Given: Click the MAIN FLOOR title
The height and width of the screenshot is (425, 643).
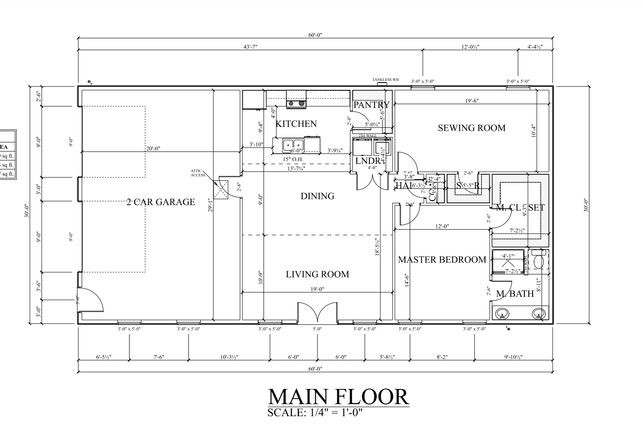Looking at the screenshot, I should point(338,397).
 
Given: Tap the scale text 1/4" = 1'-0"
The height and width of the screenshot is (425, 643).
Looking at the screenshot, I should point(315,413).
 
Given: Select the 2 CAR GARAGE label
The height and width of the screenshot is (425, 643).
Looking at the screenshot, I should point(161,202).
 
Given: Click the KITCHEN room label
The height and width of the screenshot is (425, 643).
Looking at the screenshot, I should point(296,124).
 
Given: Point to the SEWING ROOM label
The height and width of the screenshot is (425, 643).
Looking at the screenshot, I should point(471,128).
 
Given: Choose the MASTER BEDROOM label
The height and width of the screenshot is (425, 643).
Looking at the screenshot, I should point(442,259).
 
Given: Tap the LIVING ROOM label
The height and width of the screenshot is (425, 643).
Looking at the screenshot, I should point(317,274).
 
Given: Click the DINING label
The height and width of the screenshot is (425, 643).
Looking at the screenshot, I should point(317,196).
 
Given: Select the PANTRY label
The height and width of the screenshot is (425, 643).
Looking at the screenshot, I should point(371,104).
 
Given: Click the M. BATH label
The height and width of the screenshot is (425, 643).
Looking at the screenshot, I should point(515,294).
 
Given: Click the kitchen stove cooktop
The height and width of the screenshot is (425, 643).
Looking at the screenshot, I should point(296,104).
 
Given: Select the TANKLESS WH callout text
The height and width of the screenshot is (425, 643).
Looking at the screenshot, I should point(385,80).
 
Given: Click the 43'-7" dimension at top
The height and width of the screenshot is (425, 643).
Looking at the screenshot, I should point(250,47).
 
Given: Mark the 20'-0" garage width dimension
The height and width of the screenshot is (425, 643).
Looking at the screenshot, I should point(153,148).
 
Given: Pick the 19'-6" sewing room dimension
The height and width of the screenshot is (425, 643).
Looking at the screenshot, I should point(472,101).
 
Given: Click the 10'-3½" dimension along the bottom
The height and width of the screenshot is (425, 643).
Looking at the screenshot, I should point(229,357).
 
